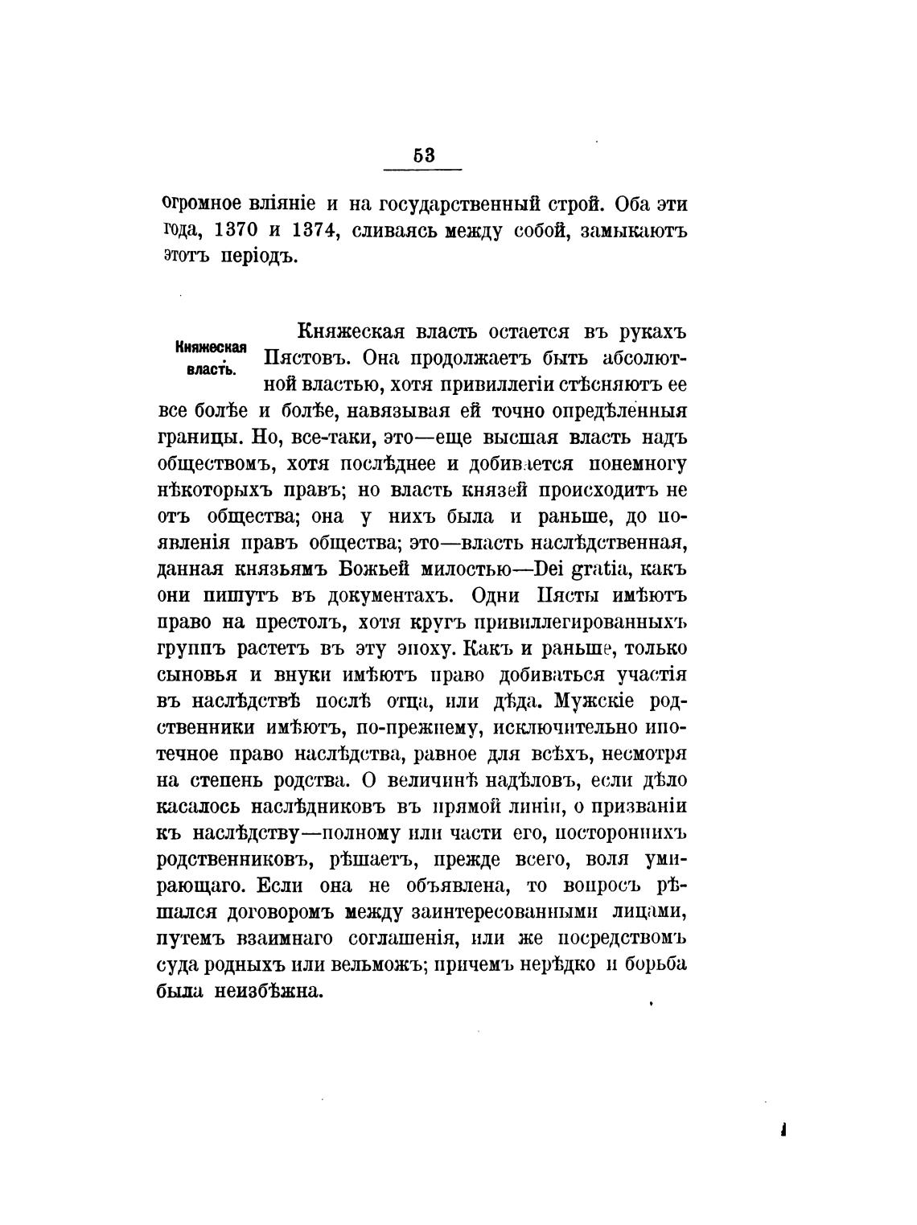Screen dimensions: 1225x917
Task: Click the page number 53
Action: point(423,155)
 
